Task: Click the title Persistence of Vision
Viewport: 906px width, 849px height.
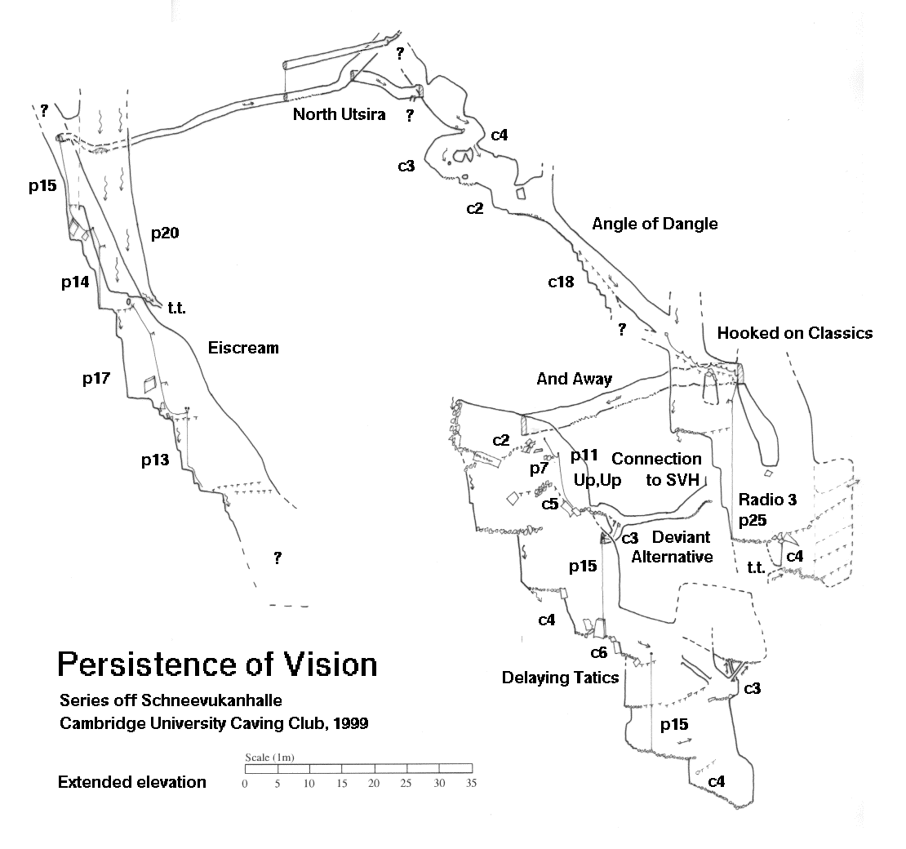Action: coord(217,665)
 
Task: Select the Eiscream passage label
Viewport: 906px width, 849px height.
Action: coord(243,349)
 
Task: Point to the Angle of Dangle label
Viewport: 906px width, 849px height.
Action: coord(655,224)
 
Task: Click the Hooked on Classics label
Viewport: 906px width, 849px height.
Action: coord(794,333)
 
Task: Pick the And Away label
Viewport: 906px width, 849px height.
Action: coord(574,379)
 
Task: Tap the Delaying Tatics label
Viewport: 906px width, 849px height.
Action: coord(560,678)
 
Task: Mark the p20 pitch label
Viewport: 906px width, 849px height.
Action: coord(164,233)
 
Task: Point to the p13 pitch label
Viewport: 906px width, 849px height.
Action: coord(154,460)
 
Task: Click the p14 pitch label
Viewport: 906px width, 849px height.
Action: coord(75,283)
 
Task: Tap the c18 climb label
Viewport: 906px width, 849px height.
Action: coord(561,282)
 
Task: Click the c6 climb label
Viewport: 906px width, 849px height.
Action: coord(599,652)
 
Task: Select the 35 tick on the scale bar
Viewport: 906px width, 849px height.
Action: coord(471,784)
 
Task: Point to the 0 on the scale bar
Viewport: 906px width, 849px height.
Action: coord(245,784)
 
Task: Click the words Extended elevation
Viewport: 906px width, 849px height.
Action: coord(132,783)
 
